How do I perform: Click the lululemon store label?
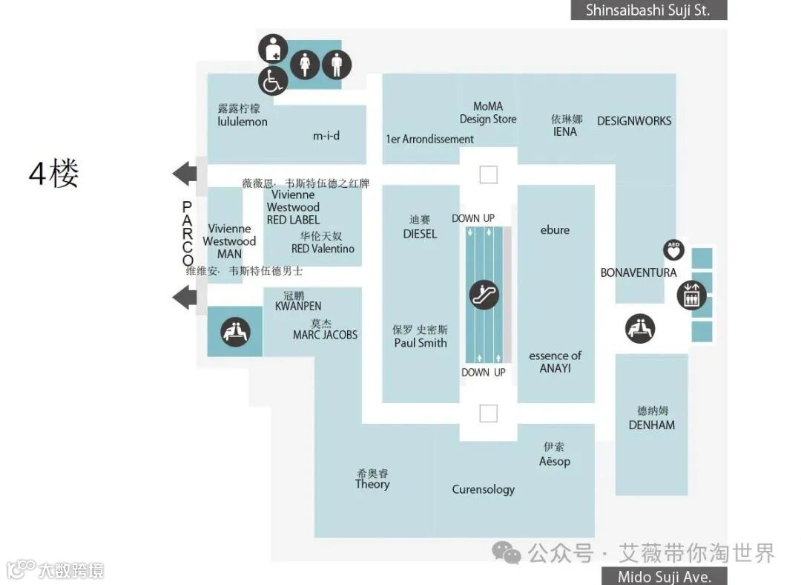(243, 121)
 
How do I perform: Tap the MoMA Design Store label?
(488, 113)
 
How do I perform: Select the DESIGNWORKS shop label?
(634, 121)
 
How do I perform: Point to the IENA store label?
(565, 131)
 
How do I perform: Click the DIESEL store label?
(420, 233)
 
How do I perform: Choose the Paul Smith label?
(421, 342)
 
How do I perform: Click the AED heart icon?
(673, 249)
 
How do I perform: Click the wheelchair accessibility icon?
(272, 81)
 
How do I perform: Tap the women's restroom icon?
(305, 65)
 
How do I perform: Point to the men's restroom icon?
(337, 65)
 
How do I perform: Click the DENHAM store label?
(652, 425)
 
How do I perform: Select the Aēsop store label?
(555, 461)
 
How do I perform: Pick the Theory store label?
(372, 484)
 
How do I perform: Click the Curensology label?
(484, 489)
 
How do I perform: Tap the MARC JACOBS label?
(325, 335)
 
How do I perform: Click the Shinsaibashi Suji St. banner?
(648, 10)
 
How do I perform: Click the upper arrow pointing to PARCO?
(185, 174)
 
